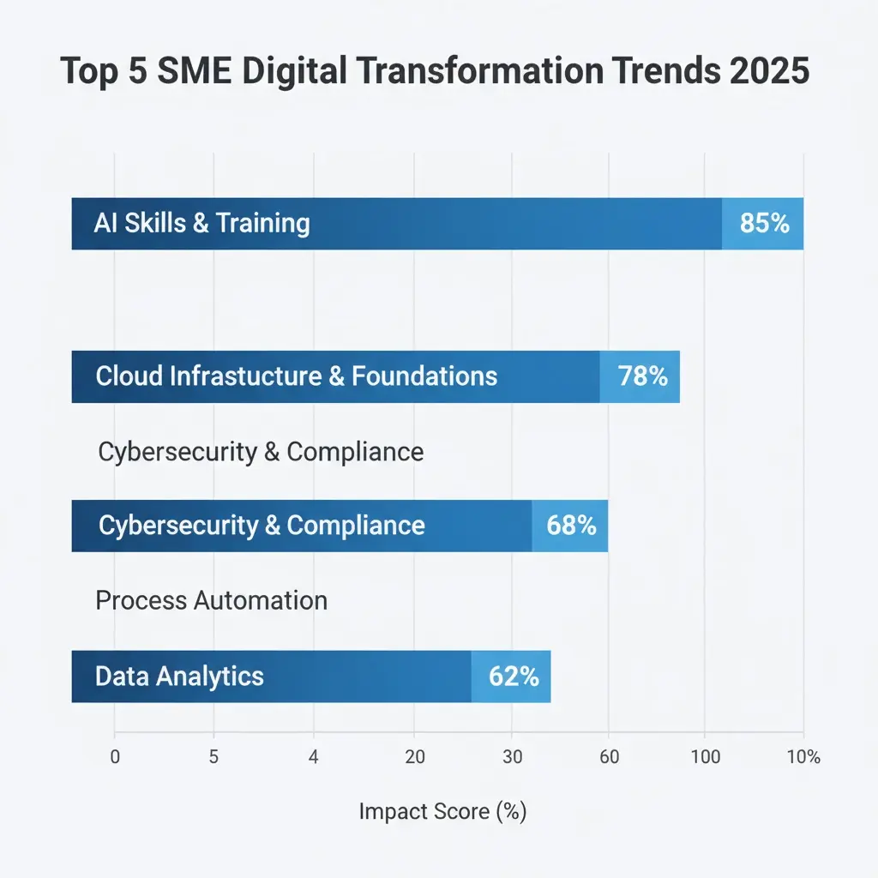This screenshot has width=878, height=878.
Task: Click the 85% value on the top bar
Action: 764,224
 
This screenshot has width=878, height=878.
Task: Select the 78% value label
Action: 643,376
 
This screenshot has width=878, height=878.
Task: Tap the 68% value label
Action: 571,525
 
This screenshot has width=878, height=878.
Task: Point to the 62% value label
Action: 514,677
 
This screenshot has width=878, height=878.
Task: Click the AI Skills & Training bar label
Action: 201,224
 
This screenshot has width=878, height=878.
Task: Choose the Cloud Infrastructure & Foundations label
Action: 296,376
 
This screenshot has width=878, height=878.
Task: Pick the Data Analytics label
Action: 179,677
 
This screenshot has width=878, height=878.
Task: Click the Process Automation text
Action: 211,600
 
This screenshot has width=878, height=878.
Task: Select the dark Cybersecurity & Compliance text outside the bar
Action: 261,452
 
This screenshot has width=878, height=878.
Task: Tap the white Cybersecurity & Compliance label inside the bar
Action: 262,525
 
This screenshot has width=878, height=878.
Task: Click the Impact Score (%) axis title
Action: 442,811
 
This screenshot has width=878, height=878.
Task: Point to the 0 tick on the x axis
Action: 115,757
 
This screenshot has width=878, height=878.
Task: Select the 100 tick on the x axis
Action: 704,757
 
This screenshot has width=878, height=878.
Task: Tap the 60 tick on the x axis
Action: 610,757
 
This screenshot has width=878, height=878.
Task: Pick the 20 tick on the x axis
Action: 414,757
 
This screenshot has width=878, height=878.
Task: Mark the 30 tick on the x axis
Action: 512,757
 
